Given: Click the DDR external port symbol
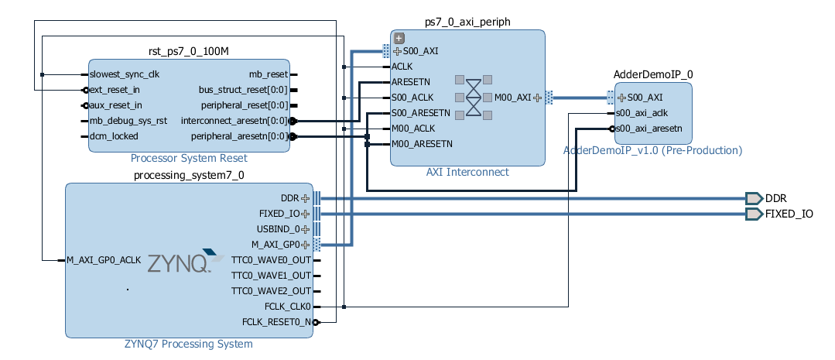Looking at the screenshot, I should (x=754, y=198).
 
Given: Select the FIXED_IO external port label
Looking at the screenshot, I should (x=789, y=214).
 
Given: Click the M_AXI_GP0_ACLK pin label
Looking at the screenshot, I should (x=104, y=260).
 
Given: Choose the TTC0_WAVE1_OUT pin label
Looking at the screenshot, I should (x=271, y=276).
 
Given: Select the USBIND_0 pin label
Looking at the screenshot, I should (x=278, y=229).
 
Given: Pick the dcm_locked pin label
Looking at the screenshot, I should (x=114, y=136).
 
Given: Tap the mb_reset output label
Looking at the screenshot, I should (x=268, y=74).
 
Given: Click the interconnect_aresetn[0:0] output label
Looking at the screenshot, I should (x=234, y=121).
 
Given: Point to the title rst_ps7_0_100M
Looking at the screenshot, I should (x=189, y=51).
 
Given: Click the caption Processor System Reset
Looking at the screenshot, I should (x=189, y=158).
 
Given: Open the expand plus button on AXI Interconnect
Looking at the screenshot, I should (x=399, y=37).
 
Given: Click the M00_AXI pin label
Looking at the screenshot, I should (x=512, y=98).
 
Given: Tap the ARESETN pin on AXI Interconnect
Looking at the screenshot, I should (x=411, y=81).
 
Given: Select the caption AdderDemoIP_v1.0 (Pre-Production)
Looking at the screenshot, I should (x=652, y=150).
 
